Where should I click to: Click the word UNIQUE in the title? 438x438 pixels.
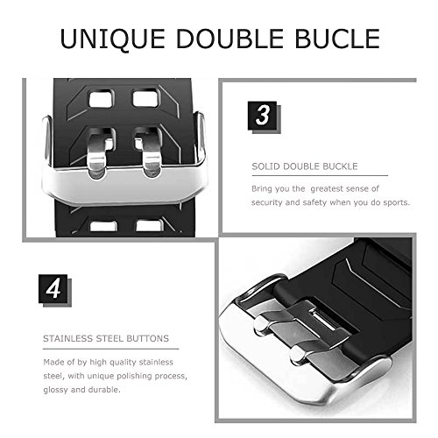(x=113, y=39)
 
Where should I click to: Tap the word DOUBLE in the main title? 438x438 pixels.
(x=230, y=39)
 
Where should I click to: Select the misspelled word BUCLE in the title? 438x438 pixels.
(x=337, y=39)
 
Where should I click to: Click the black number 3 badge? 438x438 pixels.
(x=262, y=116)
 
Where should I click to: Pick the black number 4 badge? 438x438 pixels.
(x=53, y=288)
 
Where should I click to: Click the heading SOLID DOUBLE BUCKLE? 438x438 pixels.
(x=305, y=166)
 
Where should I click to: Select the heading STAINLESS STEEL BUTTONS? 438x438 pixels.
(x=106, y=338)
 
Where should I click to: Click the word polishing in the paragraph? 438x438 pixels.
(x=134, y=376)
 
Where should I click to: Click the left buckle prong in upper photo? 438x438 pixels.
(x=97, y=152)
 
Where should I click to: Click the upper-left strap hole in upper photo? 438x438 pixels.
(x=101, y=99)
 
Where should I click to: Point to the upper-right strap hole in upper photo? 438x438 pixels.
(x=145, y=99)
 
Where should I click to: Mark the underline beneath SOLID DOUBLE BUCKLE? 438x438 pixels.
(x=320, y=176)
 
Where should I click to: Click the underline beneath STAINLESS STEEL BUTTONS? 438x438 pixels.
(x=110, y=349)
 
